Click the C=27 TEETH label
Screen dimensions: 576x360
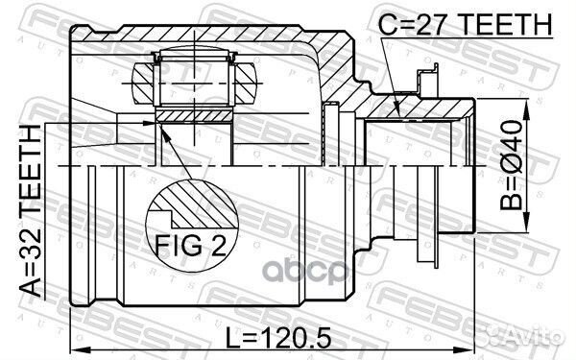466,24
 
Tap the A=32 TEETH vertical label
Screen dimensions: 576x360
30,210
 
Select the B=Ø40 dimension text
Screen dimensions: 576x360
511,165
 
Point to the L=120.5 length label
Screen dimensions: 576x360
277,338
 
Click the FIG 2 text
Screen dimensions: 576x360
191,245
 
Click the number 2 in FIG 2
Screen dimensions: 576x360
218,245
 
